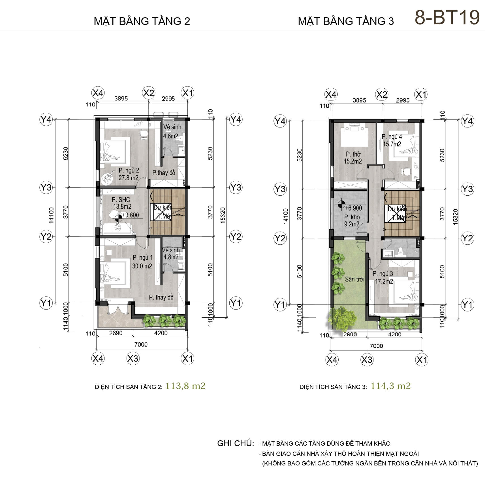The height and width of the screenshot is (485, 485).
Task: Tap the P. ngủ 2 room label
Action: pos(129,174)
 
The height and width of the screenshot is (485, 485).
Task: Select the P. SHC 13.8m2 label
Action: pos(122,203)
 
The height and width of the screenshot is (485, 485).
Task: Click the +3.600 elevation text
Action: pos(131,215)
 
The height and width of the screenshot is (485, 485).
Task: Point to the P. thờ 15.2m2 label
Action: pos(353,158)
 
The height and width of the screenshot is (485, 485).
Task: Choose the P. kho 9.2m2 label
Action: pos(352,221)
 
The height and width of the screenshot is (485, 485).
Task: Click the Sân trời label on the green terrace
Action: pos(354,279)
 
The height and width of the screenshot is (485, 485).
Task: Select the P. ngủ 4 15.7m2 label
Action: pos(392,140)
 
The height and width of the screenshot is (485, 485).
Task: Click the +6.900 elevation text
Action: pos(354,208)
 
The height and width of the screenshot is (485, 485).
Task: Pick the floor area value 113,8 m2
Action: pos(185,386)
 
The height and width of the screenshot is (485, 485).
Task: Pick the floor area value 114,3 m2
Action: pos(391,386)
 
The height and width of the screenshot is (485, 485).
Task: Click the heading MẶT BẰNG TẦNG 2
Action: pos(142,21)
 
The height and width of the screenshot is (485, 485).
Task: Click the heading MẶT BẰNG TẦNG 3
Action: pos(346,21)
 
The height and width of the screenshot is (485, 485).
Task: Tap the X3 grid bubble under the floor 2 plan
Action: pos(133,358)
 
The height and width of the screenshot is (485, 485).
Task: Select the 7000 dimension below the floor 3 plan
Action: pos(376,346)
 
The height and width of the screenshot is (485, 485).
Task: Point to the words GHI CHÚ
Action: pos(236,443)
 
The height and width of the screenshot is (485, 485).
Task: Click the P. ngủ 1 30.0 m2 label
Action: pos(142,262)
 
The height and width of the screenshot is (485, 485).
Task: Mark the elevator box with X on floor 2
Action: pos(161,211)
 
